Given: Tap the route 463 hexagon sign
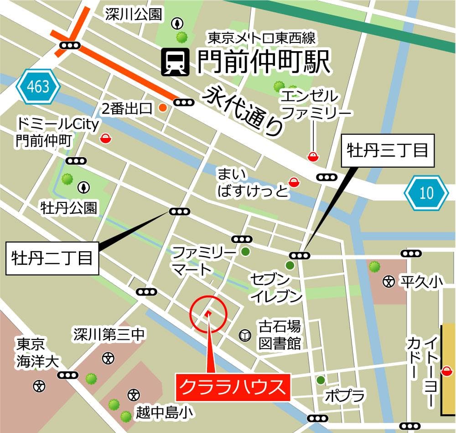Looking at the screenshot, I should [38, 87].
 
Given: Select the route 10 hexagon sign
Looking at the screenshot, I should [426, 193].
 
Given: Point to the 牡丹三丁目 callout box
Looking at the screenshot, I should [388, 150].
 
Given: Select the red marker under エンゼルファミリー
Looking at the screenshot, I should [313, 157].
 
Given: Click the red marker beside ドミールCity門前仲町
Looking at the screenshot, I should [105, 138].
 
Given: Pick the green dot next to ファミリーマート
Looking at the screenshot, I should [245, 251].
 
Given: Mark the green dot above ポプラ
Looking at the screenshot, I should [321, 380].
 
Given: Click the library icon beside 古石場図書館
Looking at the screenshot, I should [245, 336].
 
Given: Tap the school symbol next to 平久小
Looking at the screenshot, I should [389, 282].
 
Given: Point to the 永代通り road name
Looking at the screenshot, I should [244, 111].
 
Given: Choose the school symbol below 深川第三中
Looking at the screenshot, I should [108, 358].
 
